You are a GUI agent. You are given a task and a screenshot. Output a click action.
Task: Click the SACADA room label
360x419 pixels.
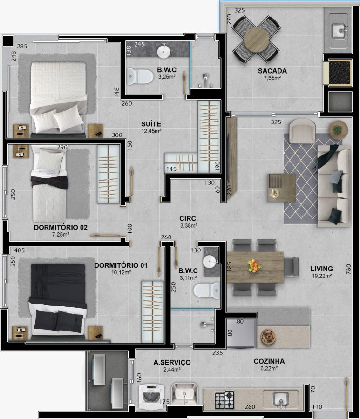pos(272,71)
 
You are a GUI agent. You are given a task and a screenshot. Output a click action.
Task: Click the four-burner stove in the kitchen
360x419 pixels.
pos(224,400)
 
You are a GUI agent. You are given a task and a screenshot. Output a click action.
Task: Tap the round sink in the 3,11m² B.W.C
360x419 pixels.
pos(209,262)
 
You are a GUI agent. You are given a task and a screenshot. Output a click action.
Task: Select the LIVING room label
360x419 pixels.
pos(321,269)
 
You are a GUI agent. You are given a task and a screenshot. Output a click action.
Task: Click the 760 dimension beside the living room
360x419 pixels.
pos(348,269)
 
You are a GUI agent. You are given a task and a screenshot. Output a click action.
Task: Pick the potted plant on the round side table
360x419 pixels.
pos(338,130)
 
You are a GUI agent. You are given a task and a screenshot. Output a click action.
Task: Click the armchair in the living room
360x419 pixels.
pos(302,131)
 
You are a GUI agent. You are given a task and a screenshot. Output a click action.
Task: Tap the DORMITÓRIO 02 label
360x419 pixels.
pos(61,227)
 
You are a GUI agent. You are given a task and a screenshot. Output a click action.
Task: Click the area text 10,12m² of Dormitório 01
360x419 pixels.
pos(121,272)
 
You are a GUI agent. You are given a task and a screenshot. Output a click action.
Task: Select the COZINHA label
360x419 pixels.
pos(269,361)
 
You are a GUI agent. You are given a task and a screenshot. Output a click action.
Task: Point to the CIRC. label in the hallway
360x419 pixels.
pos(189,219)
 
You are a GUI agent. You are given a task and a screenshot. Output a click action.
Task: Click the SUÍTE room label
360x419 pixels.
pos(151,124)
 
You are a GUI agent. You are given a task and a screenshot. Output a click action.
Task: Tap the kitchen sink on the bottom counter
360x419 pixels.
pos(281,399)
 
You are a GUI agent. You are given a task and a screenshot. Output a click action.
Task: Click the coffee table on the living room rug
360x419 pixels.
pos(282,188)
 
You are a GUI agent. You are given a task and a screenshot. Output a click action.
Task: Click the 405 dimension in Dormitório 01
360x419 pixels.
pos(20,250)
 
